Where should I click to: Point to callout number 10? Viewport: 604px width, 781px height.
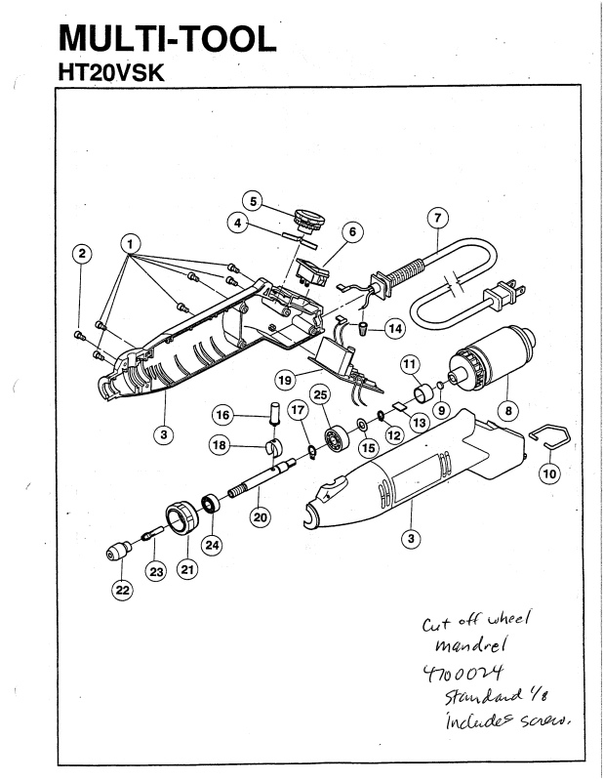pyautogui.click(x=549, y=473)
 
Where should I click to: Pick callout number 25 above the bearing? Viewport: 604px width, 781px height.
pyautogui.click(x=318, y=393)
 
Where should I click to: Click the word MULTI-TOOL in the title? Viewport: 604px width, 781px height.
pyautogui.click(x=165, y=39)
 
